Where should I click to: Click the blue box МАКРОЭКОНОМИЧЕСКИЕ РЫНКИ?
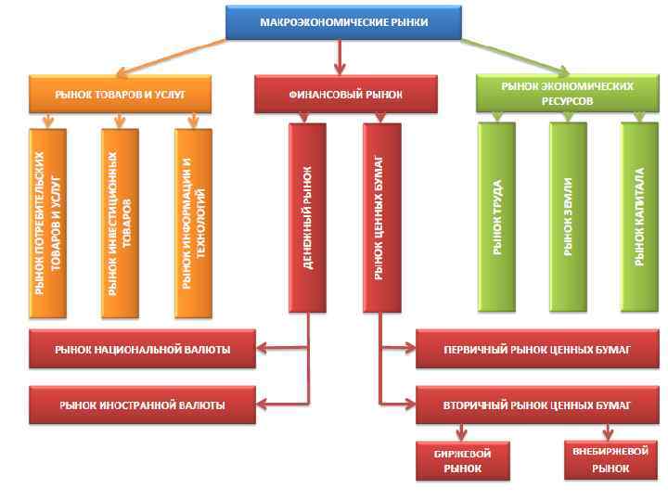tap(343, 21)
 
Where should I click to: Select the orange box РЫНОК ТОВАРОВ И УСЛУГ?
tap(121, 94)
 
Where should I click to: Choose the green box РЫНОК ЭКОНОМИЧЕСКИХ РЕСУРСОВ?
tap(567, 94)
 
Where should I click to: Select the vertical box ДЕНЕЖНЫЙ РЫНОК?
tap(307, 219)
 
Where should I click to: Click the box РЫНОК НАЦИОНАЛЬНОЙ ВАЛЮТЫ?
tap(142, 349)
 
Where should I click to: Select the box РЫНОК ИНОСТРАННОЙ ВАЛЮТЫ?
tap(142, 405)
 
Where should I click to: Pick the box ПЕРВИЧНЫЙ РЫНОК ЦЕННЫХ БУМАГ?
tap(537, 349)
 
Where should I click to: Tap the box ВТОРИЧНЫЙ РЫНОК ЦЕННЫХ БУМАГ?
tap(537, 405)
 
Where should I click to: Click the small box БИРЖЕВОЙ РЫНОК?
tap(462, 460)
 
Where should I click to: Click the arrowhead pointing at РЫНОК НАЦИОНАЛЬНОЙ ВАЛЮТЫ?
tap(263, 349)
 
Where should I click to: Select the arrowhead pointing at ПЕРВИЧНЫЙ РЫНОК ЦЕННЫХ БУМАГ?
tap(409, 349)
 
